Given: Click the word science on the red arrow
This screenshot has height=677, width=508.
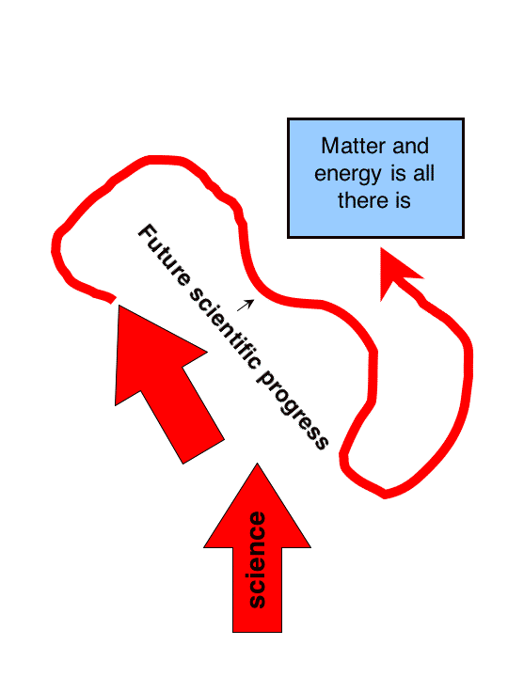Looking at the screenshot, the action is click(x=258, y=559).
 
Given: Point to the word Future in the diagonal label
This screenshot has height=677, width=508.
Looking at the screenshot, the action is click(x=164, y=255).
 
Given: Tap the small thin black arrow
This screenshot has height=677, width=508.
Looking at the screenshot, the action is click(x=246, y=306).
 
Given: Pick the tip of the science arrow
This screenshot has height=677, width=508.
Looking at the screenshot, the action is click(x=258, y=464).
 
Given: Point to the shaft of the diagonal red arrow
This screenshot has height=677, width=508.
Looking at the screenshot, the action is click(x=183, y=416).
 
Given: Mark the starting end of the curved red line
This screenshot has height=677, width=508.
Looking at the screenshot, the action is click(x=113, y=300).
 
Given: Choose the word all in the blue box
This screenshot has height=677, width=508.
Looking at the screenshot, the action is click(x=423, y=174).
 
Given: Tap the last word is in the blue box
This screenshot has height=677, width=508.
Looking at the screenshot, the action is click(x=403, y=200).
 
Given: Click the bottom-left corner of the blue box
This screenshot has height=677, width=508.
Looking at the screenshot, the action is click(x=288, y=237).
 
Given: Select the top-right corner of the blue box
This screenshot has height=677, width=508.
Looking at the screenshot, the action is click(x=464, y=118).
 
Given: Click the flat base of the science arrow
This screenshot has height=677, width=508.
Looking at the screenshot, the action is click(x=258, y=632).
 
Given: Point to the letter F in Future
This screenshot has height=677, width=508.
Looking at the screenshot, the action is click(x=147, y=232).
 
